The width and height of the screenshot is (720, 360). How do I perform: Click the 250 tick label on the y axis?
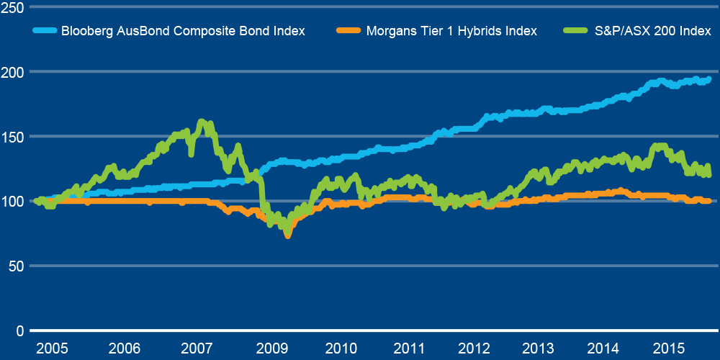[13, 7]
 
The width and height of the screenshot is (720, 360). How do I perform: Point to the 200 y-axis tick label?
[13, 71]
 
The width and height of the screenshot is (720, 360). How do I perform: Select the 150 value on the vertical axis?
[13, 136]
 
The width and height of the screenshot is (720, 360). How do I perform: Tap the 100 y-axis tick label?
[13, 201]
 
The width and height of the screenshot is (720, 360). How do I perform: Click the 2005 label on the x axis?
[52, 348]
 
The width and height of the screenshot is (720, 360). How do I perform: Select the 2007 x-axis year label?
[197, 348]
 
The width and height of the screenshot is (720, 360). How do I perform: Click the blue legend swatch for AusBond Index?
[45, 31]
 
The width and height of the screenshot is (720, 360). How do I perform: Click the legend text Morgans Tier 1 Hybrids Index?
[451, 31]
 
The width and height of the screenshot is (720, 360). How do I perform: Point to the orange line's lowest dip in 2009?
[288, 235]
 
